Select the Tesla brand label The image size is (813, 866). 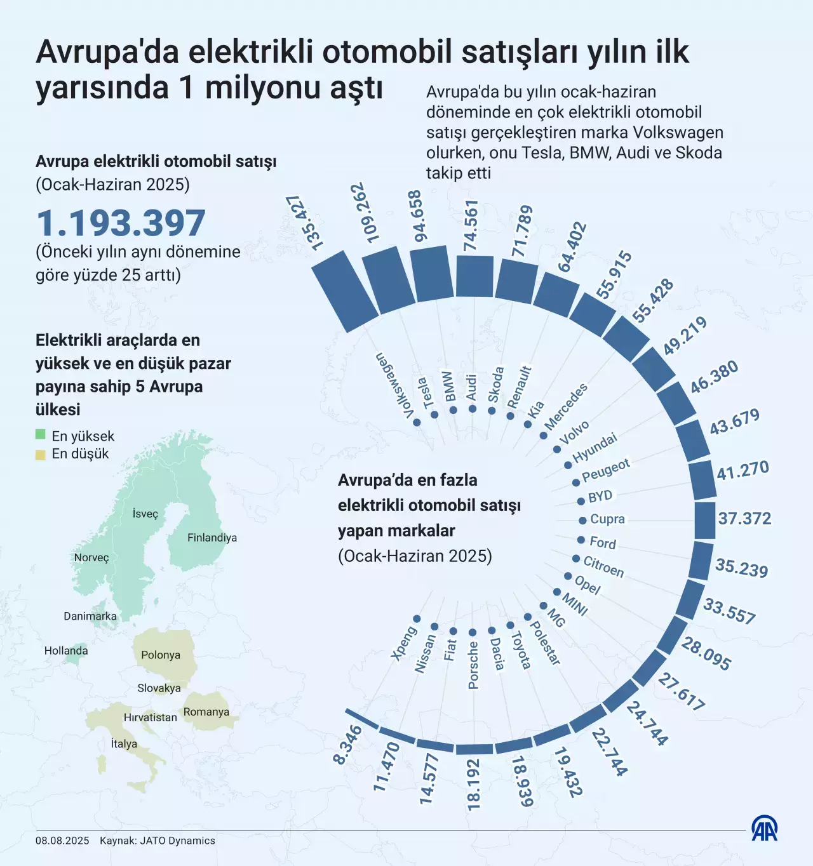tap(425, 393)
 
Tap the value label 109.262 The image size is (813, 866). tap(365, 213)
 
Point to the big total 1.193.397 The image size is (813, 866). tap(121, 223)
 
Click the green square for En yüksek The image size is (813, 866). tap(41, 435)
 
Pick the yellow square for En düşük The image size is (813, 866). tap(41, 454)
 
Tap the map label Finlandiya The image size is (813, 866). tap(212, 538)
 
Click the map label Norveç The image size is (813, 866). tap(91, 557)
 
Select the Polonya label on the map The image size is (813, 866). tap(161, 655)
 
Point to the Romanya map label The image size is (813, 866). tap(206, 712)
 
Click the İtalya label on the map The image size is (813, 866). tap(124, 743)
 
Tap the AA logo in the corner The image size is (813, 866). tap(764, 829)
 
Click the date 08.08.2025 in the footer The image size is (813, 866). tap(62, 841)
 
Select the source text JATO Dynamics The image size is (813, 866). tap(177, 841)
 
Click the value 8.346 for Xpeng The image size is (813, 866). tap(347, 745)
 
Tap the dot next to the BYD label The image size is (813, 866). tap(581, 501)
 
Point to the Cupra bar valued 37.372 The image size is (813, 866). tap(705, 521)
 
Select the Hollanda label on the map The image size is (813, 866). tap(66, 651)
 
